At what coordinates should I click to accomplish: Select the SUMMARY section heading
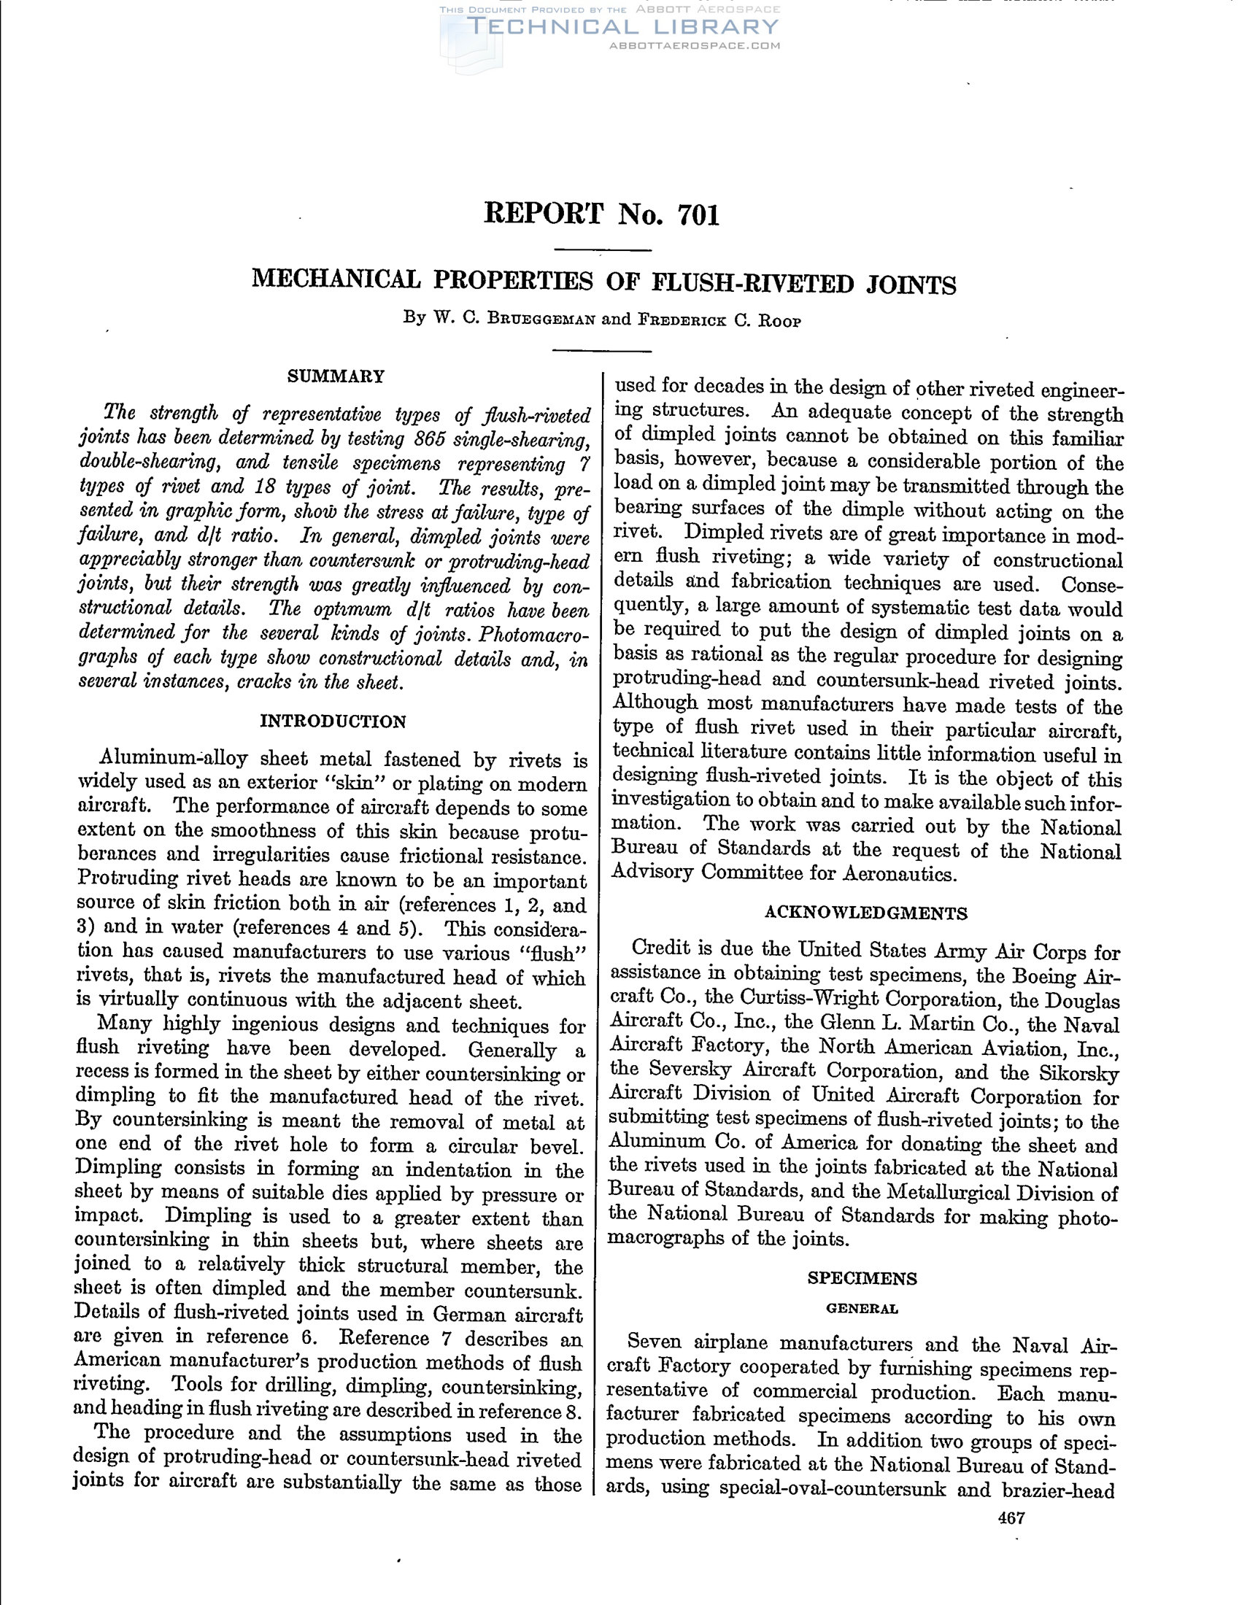click(335, 377)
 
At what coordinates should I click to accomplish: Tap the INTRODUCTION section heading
click(333, 721)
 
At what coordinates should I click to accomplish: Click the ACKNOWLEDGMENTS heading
click(865, 913)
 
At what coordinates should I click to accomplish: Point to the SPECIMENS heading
click(862, 1278)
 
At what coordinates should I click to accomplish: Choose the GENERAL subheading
click(862, 1309)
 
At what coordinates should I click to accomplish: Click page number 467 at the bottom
click(1011, 1518)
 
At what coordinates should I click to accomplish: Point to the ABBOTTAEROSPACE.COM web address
click(695, 45)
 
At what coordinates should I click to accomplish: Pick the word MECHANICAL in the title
click(336, 280)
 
